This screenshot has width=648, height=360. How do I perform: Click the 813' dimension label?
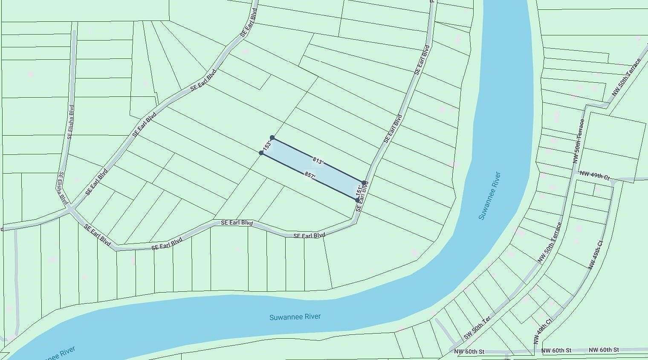click(x=318, y=161)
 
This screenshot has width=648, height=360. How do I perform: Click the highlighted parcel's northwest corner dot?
click(x=272, y=138)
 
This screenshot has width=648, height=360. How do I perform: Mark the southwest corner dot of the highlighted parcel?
click(x=261, y=153)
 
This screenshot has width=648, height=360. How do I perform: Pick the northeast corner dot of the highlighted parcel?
click(x=364, y=183)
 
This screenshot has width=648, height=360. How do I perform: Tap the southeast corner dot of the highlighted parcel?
click(x=357, y=200)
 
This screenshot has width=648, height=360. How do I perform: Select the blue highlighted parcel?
click(x=313, y=168)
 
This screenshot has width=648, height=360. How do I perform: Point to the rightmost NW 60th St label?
click(x=604, y=350)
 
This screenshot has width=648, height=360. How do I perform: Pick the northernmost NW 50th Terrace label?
click(x=626, y=77)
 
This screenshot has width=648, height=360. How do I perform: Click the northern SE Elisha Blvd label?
click(x=71, y=122)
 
